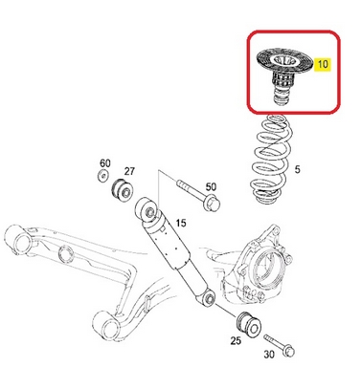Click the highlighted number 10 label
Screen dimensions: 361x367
coord(323,64)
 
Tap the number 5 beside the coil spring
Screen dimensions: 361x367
coord(297,169)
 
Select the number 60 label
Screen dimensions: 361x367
coord(105,163)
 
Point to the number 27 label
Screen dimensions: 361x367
coord(129,171)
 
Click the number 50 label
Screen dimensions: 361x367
coord(211,186)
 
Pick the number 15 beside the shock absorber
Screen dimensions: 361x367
coord(181,223)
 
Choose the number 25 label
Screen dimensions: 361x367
coord(236,340)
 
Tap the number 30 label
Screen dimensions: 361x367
coord(269,354)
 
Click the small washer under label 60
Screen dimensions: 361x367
coord(102,175)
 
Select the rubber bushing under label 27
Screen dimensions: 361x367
coord(124,190)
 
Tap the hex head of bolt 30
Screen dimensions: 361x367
coord(289,352)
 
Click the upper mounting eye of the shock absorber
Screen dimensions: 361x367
coord(147,210)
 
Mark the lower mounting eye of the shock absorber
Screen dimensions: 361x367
coord(209,298)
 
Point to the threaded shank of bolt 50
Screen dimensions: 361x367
coord(191,187)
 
